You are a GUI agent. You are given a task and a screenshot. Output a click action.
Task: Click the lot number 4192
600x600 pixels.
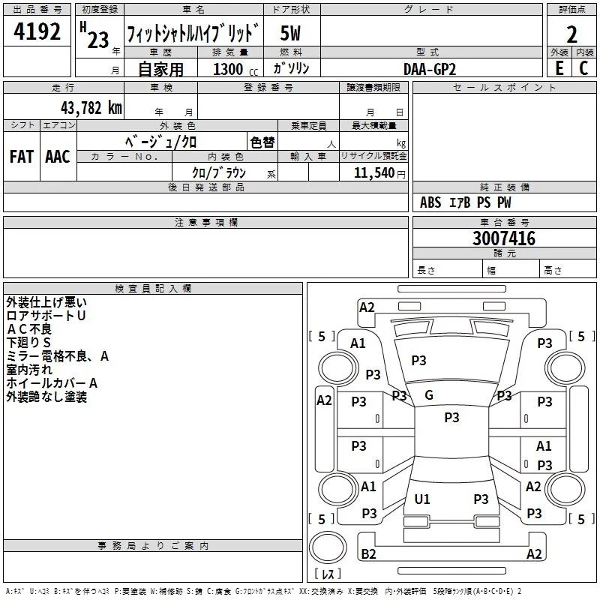point(37,31)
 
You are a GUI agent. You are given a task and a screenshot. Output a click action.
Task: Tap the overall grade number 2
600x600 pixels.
point(571,34)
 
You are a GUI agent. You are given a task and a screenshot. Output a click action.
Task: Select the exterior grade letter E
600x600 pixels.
point(559,68)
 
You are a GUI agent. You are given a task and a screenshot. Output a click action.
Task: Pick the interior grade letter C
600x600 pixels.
point(583,68)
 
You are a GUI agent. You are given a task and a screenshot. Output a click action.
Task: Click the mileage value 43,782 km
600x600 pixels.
point(91,108)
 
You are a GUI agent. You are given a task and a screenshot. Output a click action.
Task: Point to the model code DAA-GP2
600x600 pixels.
point(430,69)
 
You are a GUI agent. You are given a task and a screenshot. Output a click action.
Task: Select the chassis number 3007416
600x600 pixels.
point(504,238)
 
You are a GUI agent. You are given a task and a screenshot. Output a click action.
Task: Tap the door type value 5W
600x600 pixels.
point(290,33)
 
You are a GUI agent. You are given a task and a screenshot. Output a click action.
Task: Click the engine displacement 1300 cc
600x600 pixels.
point(235,69)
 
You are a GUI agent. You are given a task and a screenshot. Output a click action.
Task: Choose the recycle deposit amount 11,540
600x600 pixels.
point(374,172)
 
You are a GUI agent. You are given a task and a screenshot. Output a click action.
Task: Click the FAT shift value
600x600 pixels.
point(22,157)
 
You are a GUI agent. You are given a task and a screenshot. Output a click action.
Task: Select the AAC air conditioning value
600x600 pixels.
point(58,157)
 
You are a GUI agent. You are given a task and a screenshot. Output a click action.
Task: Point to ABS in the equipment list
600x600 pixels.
point(430,202)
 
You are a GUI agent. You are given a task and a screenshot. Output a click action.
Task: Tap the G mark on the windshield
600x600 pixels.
point(429,395)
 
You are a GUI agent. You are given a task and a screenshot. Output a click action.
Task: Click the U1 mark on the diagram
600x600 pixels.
point(422,499)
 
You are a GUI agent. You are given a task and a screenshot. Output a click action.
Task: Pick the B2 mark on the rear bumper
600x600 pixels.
point(368,554)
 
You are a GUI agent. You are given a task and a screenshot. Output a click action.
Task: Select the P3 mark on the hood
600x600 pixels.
point(418,360)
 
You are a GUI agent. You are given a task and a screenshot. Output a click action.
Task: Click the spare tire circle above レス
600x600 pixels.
point(328,547)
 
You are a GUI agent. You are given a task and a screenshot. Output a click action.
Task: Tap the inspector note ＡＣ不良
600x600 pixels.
point(29,329)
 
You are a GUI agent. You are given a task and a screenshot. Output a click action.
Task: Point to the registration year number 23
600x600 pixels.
point(98,40)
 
